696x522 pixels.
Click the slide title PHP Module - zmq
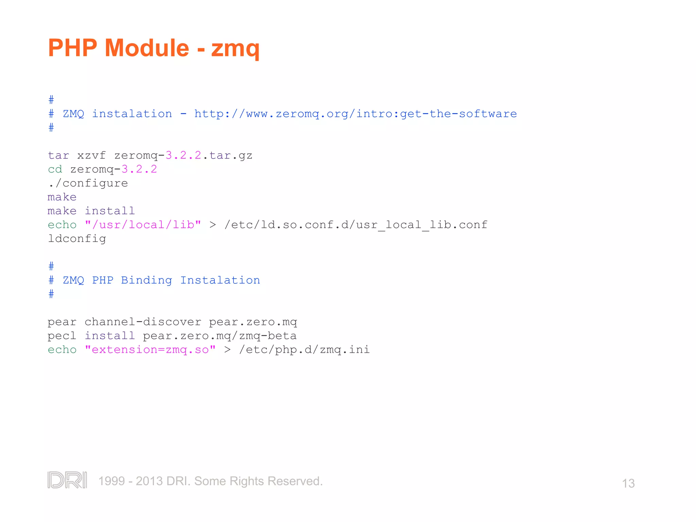[x=154, y=48]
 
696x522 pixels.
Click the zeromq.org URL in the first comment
[x=355, y=114]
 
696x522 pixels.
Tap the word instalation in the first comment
[x=132, y=114]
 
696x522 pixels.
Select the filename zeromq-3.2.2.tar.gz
[x=183, y=156]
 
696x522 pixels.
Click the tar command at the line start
[x=58, y=156]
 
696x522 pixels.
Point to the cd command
[x=55, y=169]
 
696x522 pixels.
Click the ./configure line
[x=88, y=184]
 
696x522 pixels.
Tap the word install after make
[x=110, y=211]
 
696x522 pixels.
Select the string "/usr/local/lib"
[x=143, y=225]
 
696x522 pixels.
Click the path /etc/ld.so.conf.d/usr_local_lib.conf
[x=356, y=225]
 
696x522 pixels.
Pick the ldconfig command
[x=77, y=239]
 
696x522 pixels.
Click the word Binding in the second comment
[x=146, y=280]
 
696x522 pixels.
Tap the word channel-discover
[x=143, y=322]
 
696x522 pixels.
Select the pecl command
[x=62, y=336]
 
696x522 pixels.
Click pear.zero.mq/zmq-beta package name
[x=220, y=336]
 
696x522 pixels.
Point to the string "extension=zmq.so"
[x=150, y=350]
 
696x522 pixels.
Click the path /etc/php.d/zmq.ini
[x=304, y=350]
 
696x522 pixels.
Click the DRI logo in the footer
[x=67, y=480]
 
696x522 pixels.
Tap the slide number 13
[x=628, y=483]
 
